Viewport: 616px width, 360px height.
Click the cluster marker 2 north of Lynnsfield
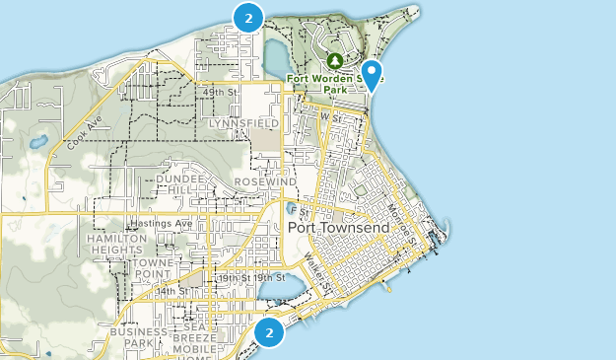[x=248, y=18]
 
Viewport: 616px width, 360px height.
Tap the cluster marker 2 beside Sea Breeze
[x=268, y=333]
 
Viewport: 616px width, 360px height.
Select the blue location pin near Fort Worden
[x=372, y=74]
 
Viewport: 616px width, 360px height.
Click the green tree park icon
[x=334, y=62]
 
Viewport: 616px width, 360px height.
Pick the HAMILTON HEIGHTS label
[x=116, y=244]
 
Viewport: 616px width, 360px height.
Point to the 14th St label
[x=170, y=292]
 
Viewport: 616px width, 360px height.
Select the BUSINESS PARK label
[x=138, y=338]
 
